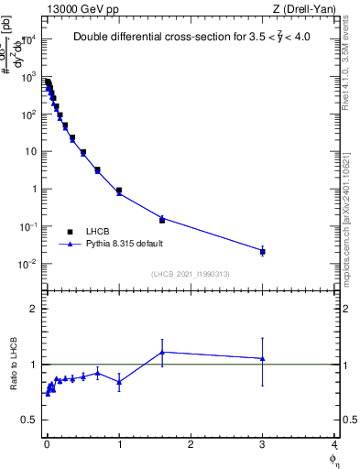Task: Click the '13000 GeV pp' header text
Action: coord(81,8)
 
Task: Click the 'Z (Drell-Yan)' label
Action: coord(305,8)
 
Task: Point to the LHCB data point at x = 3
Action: coord(263,250)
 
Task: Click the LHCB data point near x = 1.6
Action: coord(162,220)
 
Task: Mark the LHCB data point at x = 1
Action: coord(119,191)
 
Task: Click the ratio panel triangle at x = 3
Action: coord(263,358)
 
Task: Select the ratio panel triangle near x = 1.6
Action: coord(162,352)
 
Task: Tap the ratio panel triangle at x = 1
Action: coord(119,381)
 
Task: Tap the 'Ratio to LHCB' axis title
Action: coord(13,364)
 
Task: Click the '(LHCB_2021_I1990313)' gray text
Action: coord(191,274)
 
